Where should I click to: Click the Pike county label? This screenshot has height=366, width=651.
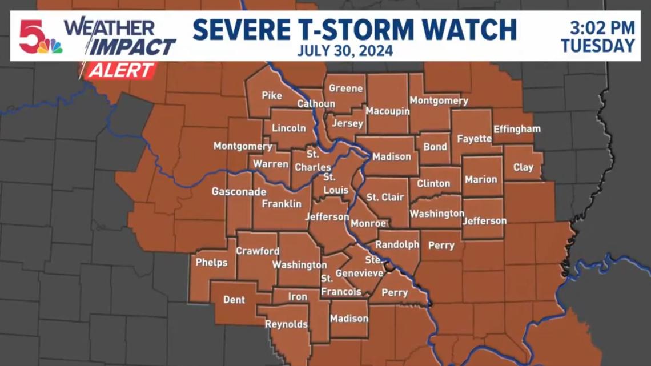tap(272, 95)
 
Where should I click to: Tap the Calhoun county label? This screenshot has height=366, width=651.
tap(316, 104)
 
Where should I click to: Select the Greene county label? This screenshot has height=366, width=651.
tap(345, 89)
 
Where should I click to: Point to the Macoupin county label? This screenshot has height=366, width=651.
tap(388, 111)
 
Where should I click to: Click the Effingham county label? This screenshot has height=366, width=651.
tap(516, 128)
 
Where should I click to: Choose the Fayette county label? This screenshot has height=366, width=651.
tap(474, 139)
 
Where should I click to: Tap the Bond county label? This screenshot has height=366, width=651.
tap(435, 147)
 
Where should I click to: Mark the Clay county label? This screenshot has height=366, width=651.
tap(523, 167)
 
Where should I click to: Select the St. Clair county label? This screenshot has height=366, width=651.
tap(385, 198)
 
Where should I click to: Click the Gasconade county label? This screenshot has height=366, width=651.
tap(239, 192)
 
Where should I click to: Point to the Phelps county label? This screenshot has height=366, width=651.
tap(211, 263)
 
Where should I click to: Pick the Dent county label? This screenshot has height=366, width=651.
tap(234, 300)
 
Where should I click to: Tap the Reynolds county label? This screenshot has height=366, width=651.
tap(286, 324)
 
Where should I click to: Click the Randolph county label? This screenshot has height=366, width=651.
tap(397, 244)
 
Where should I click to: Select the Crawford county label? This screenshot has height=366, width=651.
tap(258, 251)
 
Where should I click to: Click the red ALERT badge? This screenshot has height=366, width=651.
tap(120, 70)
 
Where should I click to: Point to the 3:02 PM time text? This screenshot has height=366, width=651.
tap(602, 27)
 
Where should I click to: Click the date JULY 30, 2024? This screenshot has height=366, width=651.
tap(345, 51)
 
